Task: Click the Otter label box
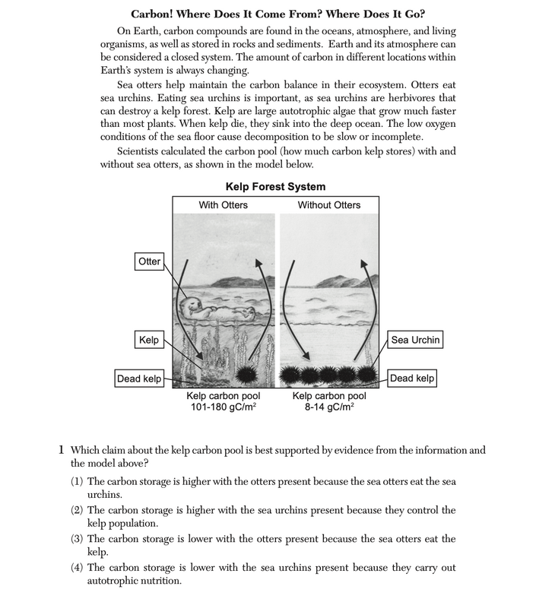click(x=149, y=261)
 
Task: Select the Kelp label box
click(x=149, y=340)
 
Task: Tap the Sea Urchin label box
click(x=415, y=340)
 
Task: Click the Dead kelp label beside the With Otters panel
click(x=138, y=378)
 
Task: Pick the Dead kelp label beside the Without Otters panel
click(x=412, y=378)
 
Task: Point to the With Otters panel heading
click(x=224, y=205)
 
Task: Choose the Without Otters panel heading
click(x=329, y=205)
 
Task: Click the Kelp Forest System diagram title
click(x=275, y=186)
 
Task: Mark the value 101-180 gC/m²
click(x=223, y=407)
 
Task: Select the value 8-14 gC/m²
click(x=329, y=407)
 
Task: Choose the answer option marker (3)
click(x=78, y=539)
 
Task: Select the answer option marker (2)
click(x=78, y=510)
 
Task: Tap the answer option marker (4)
click(x=78, y=568)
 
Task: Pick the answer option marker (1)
click(x=78, y=482)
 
